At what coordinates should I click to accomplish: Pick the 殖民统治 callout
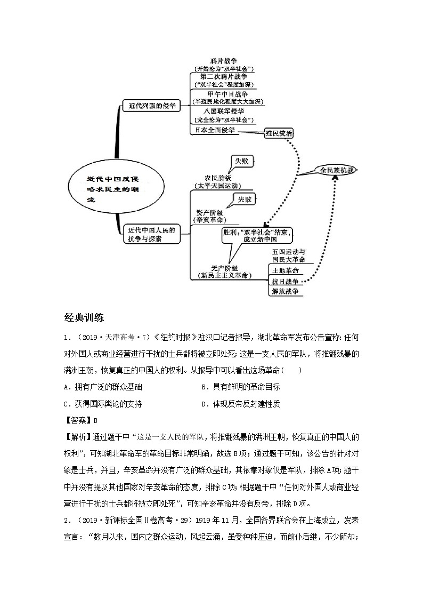279,133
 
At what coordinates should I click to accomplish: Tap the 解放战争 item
285,291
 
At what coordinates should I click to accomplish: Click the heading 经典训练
84,318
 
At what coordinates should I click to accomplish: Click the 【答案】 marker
78,420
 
